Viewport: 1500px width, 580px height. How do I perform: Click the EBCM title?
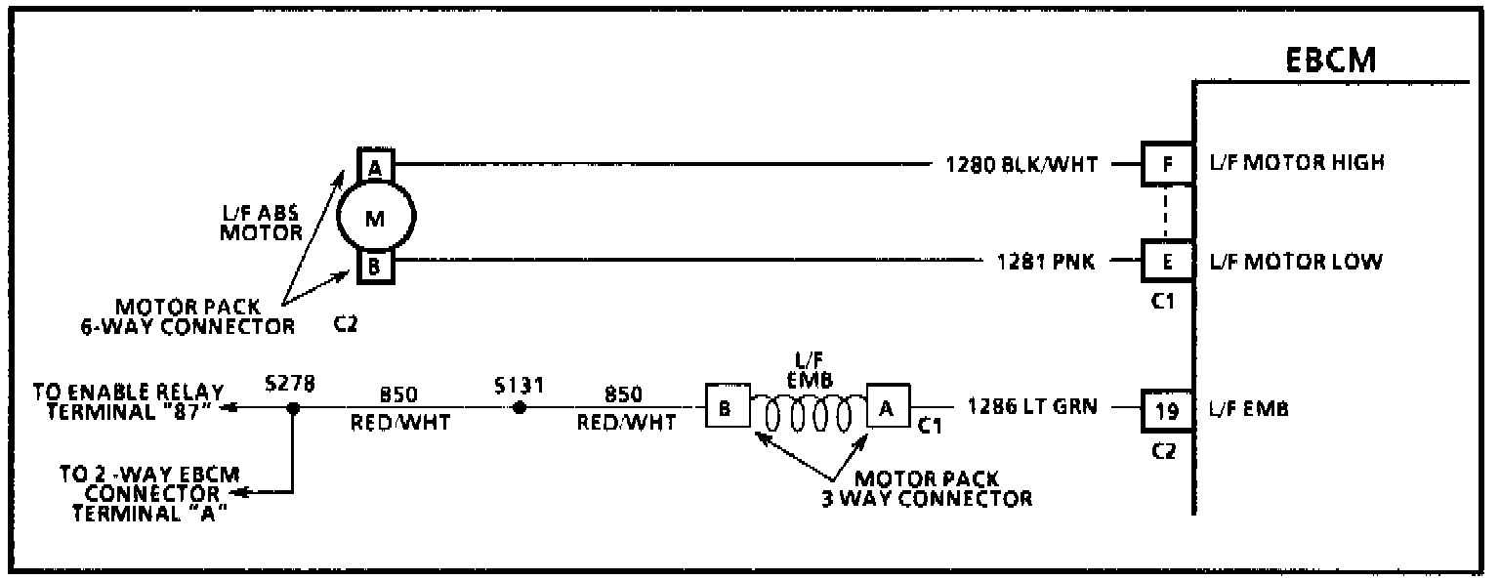[x=1331, y=60]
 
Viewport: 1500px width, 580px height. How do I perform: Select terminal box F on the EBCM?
[x=1168, y=164]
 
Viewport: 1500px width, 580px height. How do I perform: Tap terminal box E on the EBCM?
[x=1168, y=262]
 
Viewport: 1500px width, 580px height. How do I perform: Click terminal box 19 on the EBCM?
[x=1168, y=410]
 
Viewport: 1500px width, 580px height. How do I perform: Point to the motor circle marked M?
[x=376, y=218]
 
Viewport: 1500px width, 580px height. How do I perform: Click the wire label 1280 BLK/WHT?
[x=1020, y=165]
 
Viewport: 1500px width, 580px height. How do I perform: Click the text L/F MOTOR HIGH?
[x=1296, y=163]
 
